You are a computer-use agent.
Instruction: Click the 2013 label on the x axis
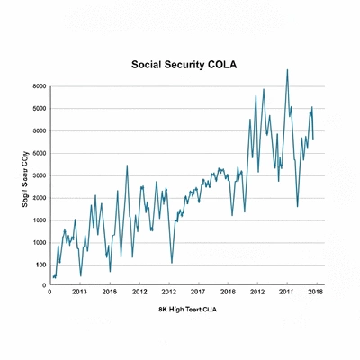(x=79, y=292)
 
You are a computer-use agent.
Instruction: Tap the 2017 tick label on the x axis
(x=199, y=292)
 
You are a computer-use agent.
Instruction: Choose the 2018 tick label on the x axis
(x=316, y=292)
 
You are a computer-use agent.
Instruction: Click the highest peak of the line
(x=287, y=69)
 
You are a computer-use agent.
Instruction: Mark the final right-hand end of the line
(x=313, y=127)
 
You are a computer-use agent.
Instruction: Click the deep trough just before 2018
(x=298, y=206)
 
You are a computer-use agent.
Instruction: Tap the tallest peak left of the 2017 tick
(x=127, y=166)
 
